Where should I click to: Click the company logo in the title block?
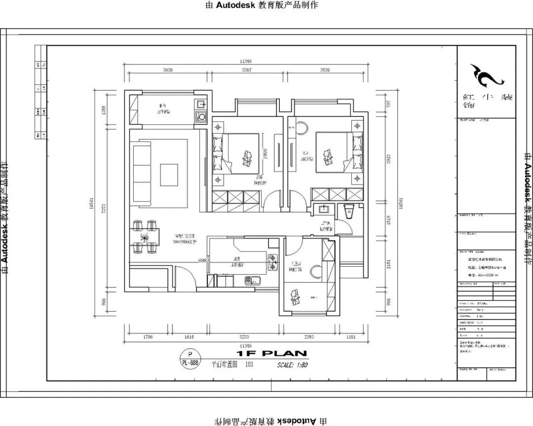(x=486, y=74)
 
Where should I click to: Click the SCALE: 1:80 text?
(x=292, y=365)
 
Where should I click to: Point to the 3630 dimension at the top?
(x=168, y=71)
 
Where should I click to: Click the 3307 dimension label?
(x=247, y=71)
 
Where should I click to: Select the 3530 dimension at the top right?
(x=324, y=71)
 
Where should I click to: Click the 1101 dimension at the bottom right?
(x=350, y=337)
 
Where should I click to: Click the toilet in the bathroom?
(x=349, y=211)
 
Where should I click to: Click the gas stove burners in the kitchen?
(x=272, y=262)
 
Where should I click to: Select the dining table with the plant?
(x=145, y=238)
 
